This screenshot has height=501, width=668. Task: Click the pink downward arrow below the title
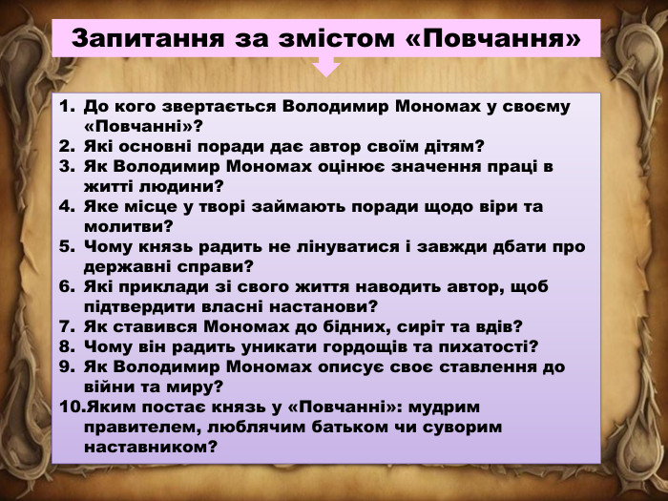[326, 66]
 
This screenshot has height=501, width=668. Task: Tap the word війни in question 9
[109, 386]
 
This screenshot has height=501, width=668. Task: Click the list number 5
[66, 246]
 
